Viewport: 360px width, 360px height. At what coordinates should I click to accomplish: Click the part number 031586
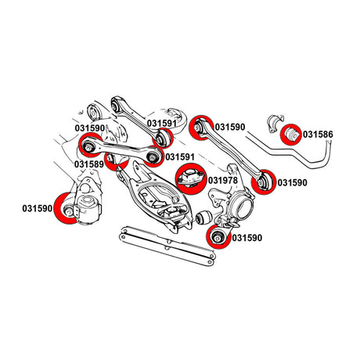coord(319,135)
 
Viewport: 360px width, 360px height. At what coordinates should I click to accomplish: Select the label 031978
coord(221,181)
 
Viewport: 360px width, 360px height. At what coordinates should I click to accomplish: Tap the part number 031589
coord(91,164)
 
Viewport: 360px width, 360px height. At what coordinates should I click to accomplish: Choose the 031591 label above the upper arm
coord(164,123)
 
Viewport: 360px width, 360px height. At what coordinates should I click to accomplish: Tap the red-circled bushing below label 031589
coord(116,162)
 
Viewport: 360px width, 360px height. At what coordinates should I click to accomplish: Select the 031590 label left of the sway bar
coord(232,126)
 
